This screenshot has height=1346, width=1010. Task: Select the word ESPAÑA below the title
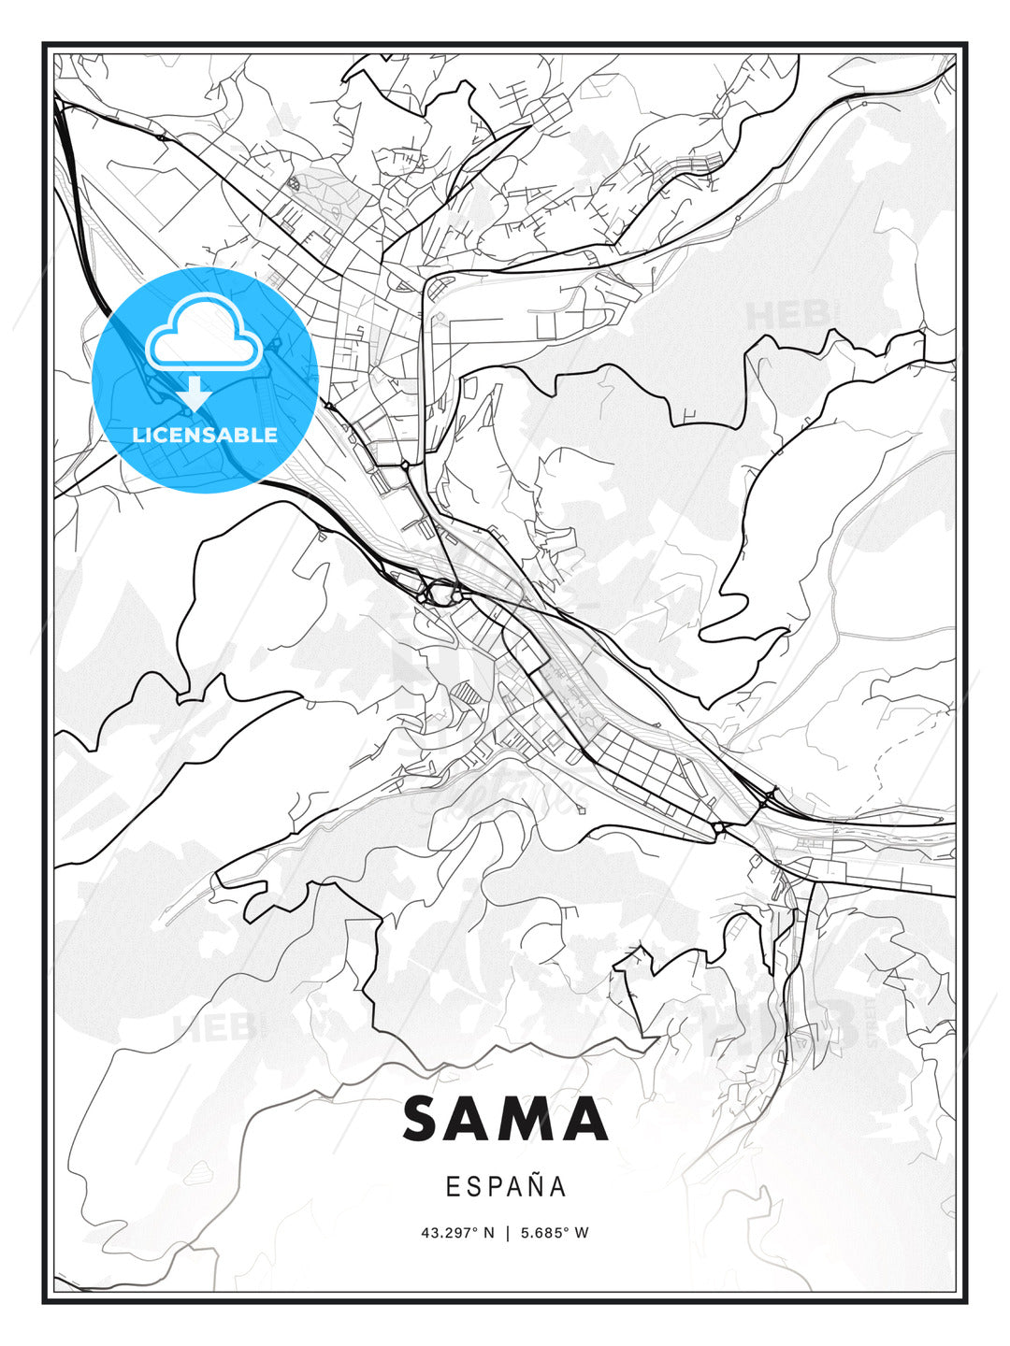point(506,1186)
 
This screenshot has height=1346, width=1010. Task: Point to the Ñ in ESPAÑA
point(532,1185)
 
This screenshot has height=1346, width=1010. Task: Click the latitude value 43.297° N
point(457,1233)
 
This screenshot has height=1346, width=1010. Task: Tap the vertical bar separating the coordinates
point(505,1233)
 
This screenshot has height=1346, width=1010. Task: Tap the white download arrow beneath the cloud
point(195,394)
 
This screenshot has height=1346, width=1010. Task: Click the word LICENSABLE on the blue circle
point(205,435)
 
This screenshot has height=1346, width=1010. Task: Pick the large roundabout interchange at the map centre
point(440,592)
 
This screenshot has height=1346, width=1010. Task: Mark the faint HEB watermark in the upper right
point(786,315)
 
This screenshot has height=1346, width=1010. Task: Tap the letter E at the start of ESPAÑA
point(453,1186)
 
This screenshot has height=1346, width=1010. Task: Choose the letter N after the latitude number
point(488,1233)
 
